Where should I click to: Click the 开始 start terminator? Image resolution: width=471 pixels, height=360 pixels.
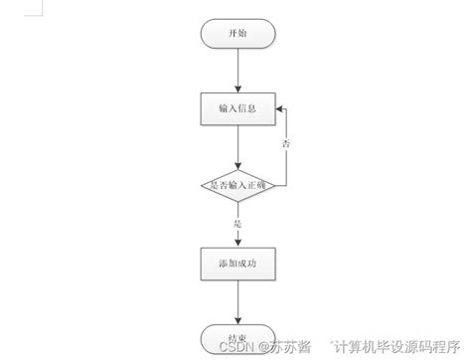[x=237, y=33]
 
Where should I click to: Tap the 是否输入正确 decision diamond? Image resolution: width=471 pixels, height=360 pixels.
[x=237, y=185]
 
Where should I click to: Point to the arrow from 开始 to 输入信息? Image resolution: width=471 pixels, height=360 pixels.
[x=237, y=70]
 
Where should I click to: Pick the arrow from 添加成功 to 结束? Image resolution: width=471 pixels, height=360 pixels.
[x=237, y=300]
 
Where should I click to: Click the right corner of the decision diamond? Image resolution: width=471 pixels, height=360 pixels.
[x=273, y=185]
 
